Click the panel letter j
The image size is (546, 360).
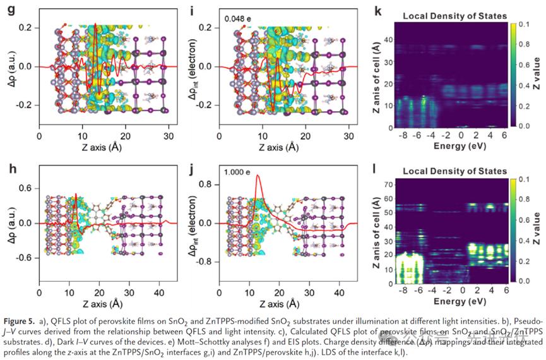pyautogui.click(x=186, y=167)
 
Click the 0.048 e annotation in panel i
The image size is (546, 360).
pyautogui.click(x=238, y=19)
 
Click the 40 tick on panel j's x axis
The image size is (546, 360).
pyautogui.click(x=340, y=294)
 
